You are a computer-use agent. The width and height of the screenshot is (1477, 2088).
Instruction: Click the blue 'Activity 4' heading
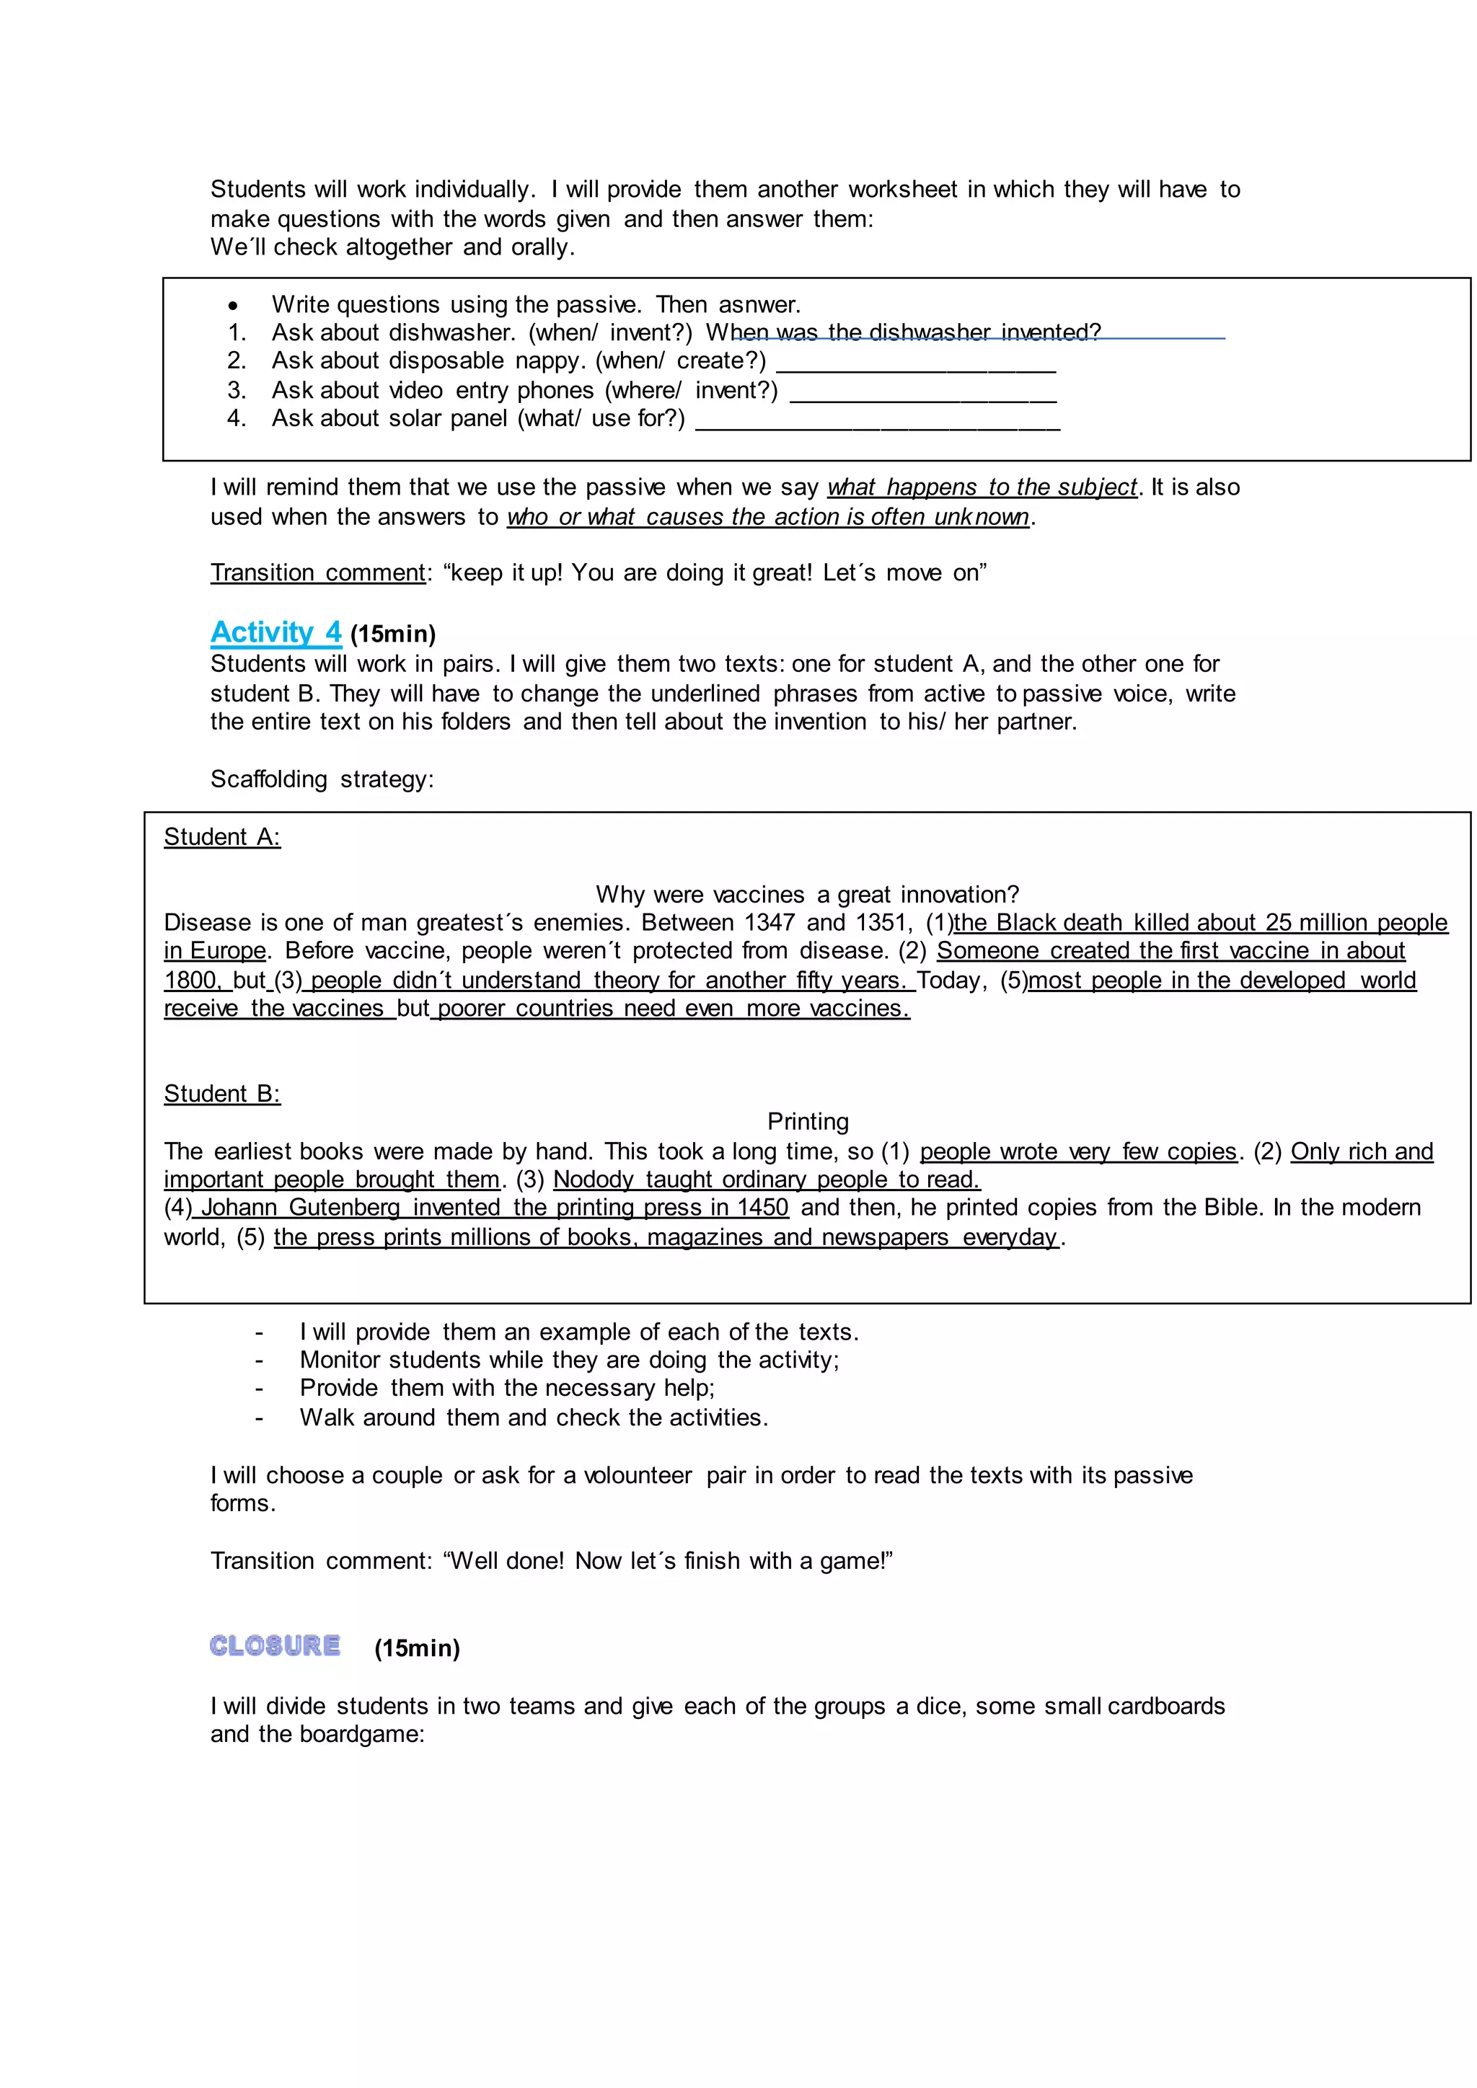pyautogui.click(x=275, y=632)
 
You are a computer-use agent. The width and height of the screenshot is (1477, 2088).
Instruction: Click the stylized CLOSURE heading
pyautogui.click(x=275, y=1646)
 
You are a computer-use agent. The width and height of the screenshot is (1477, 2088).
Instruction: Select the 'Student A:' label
pyautogui.click(x=222, y=836)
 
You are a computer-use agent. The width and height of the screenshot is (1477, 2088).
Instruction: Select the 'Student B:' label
pyautogui.click(x=222, y=1093)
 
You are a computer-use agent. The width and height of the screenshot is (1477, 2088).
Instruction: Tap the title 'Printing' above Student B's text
pyautogui.click(x=808, y=1121)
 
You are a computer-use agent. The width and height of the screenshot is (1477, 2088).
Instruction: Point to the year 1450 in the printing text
pyautogui.click(x=762, y=1208)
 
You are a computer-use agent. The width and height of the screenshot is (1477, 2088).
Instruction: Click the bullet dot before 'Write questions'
pyautogui.click(x=234, y=306)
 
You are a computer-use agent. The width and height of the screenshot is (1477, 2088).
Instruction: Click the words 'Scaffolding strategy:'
pyautogui.click(x=322, y=779)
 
